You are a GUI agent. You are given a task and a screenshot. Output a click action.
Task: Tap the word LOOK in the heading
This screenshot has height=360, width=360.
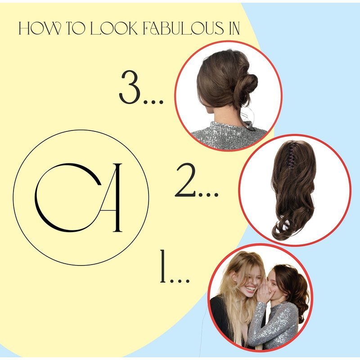(x=114, y=28)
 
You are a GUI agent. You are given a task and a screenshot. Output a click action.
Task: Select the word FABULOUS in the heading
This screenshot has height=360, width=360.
(x=183, y=28)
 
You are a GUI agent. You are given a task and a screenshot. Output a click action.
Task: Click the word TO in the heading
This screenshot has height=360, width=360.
(x=76, y=28)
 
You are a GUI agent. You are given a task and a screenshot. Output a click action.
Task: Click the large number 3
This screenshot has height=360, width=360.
(x=130, y=87)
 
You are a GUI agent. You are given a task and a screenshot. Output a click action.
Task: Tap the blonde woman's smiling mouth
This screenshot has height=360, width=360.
(x=250, y=288)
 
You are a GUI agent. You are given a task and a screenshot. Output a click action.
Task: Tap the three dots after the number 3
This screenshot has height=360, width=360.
(x=153, y=102)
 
